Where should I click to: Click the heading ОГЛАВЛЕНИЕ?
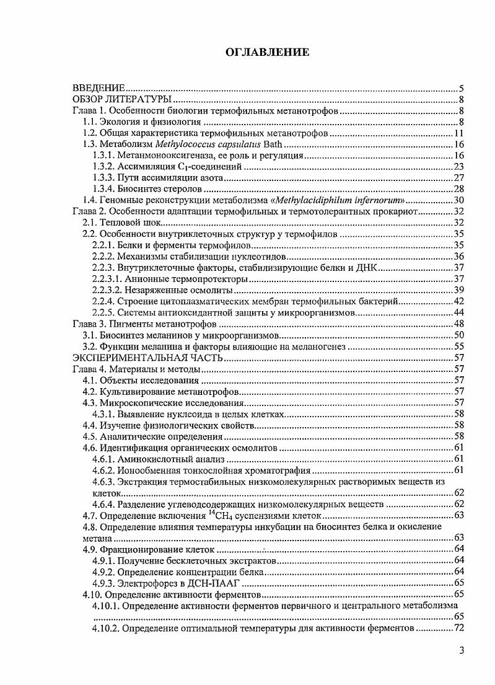pos(267,53)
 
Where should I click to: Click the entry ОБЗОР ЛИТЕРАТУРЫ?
pos(122,100)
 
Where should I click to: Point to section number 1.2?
pos(91,133)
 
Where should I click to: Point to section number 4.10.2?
pos(103,628)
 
